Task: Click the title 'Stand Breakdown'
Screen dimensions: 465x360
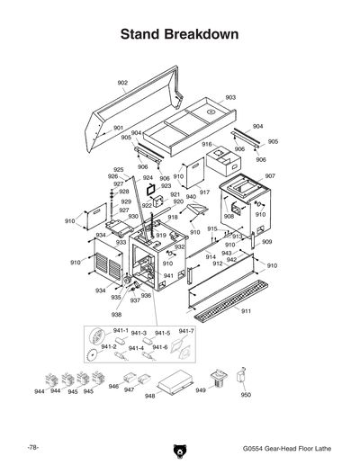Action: (179, 35)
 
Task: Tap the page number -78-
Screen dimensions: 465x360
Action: (31, 447)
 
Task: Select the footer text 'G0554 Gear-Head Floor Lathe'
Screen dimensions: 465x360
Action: (284, 448)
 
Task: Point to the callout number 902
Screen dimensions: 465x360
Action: (122, 83)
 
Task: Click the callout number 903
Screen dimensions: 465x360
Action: (230, 97)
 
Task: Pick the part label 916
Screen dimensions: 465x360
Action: (206, 144)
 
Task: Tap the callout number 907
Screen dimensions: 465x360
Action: (270, 176)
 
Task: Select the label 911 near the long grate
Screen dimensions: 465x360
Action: (246, 310)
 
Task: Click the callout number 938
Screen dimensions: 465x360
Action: (116, 315)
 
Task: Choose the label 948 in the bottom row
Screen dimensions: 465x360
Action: (150, 395)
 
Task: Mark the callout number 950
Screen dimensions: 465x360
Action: (247, 394)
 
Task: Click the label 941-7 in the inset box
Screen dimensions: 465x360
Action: (187, 332)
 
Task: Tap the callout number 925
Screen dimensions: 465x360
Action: (118, 169)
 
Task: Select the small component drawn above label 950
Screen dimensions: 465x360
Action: (240, 375)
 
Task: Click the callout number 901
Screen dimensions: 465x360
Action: (118, 128)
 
